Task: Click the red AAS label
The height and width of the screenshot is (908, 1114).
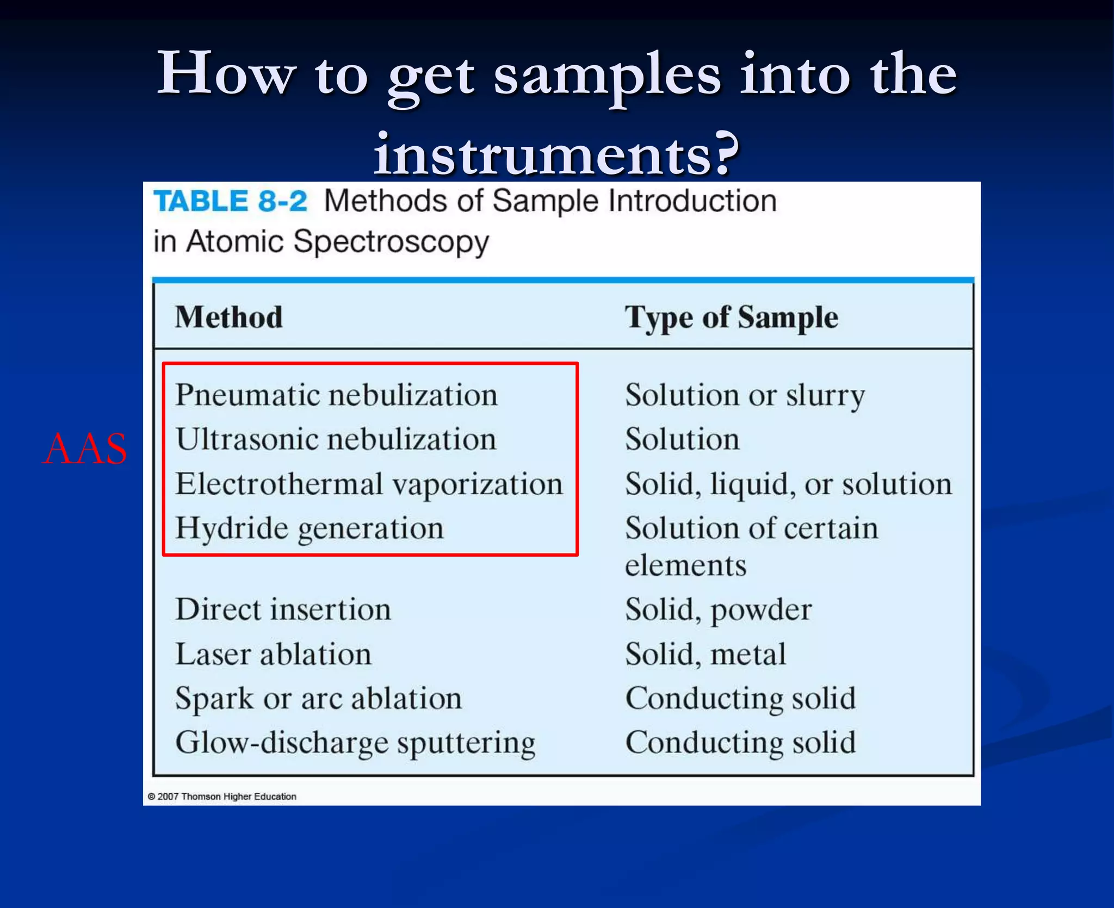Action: [85, 449]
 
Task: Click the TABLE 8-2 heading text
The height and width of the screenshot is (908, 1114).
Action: [230, 201]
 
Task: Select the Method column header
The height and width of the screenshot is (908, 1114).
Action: [229, 317]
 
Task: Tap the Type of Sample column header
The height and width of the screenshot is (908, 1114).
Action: [731, 318]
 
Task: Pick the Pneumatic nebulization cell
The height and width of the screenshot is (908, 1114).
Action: [336, 395]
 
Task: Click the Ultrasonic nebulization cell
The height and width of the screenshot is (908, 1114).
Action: [336, 439]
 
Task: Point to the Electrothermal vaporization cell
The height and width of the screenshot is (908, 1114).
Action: [369, 484]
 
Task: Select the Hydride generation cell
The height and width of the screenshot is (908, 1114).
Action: [310, 528]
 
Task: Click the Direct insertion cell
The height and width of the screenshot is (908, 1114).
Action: [283, 610]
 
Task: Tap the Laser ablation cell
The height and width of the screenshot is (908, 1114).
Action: [273, 654]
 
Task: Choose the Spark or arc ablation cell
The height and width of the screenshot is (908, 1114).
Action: [318, 699]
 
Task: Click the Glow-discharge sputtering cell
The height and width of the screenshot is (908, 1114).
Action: [355, 743]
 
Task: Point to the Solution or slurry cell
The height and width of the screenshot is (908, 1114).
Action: [745, 395]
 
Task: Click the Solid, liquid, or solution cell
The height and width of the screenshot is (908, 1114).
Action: [788, 484]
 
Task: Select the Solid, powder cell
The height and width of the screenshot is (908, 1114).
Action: [718, 610]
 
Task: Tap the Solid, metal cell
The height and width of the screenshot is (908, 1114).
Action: [705, 654]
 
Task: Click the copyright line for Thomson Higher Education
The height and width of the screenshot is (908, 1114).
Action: [222, 797]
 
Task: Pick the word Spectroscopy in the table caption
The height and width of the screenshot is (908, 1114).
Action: [391, 242]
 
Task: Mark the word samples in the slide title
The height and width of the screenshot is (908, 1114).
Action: [607, 76]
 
